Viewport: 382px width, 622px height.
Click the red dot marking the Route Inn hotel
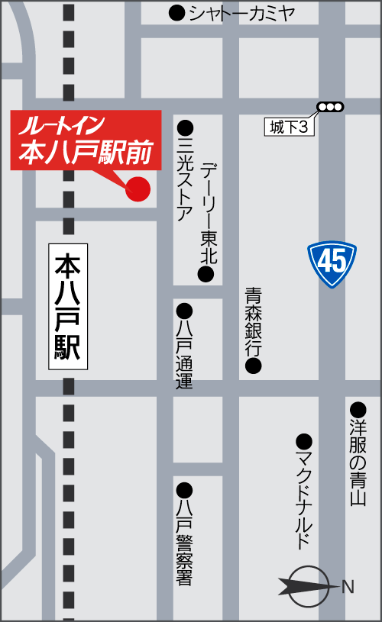(138, 188)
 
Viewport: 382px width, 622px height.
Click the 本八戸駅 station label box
(68, 307)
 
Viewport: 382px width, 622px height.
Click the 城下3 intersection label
(290, 127)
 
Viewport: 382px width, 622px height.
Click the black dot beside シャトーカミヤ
(176, 13)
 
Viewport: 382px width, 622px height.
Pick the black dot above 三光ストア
(185, 127)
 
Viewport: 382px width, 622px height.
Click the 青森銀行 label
(254, 321)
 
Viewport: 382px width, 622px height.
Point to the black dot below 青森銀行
(253, 366)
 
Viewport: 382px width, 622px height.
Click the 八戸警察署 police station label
(184, 542)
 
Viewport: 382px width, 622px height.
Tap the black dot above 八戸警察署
(184, 489)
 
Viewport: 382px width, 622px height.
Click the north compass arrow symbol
(309, 586)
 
